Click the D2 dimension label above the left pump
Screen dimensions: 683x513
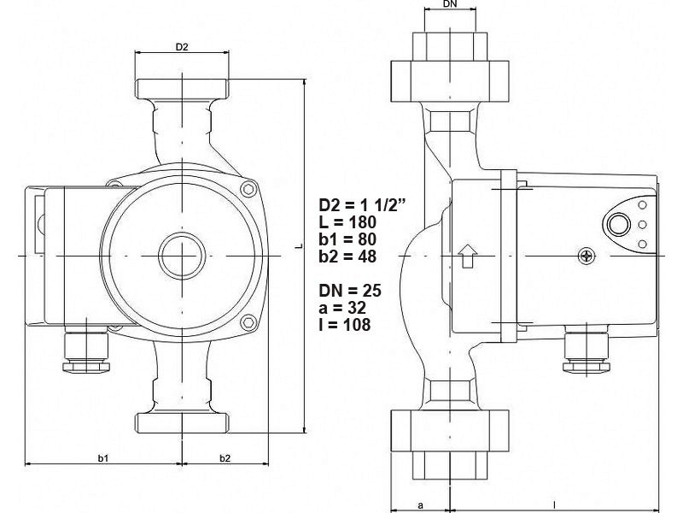(182, 47)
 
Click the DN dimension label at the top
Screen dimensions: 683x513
(451, 4)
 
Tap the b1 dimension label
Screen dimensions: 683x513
(102, 458)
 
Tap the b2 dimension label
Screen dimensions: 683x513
(225, 458)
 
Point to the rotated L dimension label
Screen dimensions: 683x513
(298, 246)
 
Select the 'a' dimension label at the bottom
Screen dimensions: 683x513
(420, 505)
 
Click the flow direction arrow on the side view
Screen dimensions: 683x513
(467, 256)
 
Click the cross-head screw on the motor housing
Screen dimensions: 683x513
(586, 256)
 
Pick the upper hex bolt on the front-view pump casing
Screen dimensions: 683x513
(248, 190)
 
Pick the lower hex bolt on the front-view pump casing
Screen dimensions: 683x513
(248, 322)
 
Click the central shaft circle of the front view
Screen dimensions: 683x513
(182, 256)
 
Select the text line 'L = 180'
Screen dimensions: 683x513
(347, 222)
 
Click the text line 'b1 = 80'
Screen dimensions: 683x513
(347, 239)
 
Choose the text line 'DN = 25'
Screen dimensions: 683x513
(350, 291)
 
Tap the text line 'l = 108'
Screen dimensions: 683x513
(345, 325)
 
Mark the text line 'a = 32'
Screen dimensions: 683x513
(342, 308)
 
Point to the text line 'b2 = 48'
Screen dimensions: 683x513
(347, 256)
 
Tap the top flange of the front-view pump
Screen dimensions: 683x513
(182, 89)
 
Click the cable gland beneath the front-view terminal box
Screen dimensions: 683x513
(86, 352)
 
